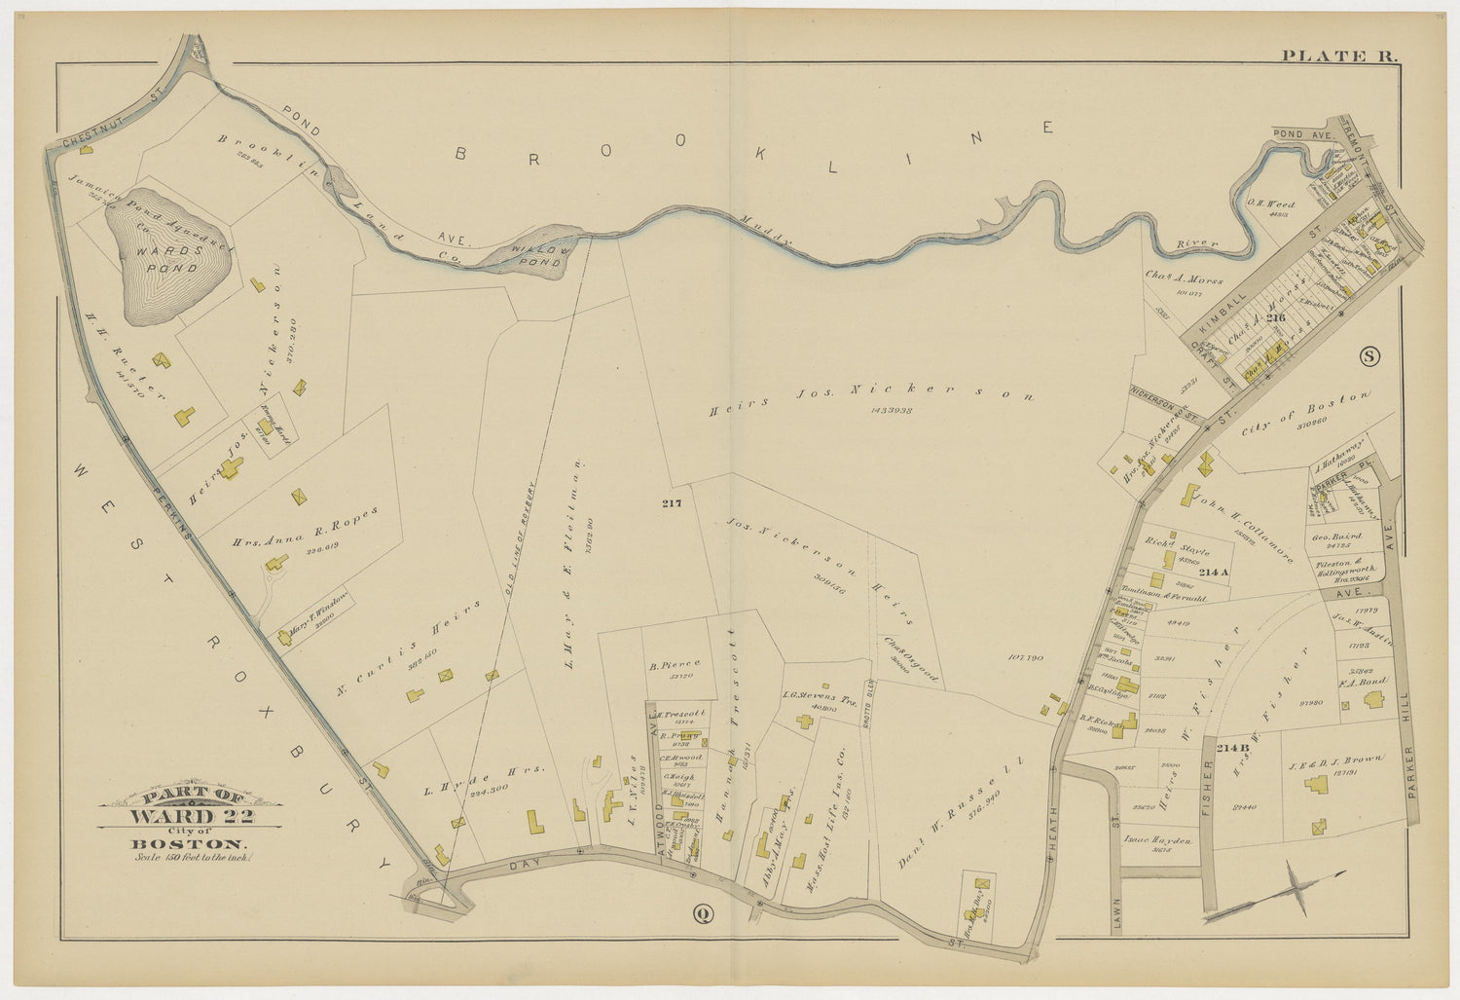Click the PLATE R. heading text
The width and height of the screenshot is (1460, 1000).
click(x=1338, y=56)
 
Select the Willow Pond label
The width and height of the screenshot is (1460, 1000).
click(x=537, y=256)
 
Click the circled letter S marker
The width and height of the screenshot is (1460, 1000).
click(x=1369, y=356)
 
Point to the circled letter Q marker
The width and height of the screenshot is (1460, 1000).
click(x=701, y=913)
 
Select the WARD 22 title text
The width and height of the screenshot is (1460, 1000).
click(x=191, y=815)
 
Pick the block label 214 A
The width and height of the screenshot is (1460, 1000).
click(x=1215, y=572)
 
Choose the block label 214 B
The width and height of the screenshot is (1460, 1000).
click(x=1231, y=747)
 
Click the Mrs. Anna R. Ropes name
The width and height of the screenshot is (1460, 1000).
click(x=303, y=528)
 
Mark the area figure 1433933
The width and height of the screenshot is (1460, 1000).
click(x=891, y=410)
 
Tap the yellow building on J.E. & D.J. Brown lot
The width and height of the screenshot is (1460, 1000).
click(x=1319, y=826)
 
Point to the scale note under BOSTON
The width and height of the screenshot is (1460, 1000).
click(x=191, y=858)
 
